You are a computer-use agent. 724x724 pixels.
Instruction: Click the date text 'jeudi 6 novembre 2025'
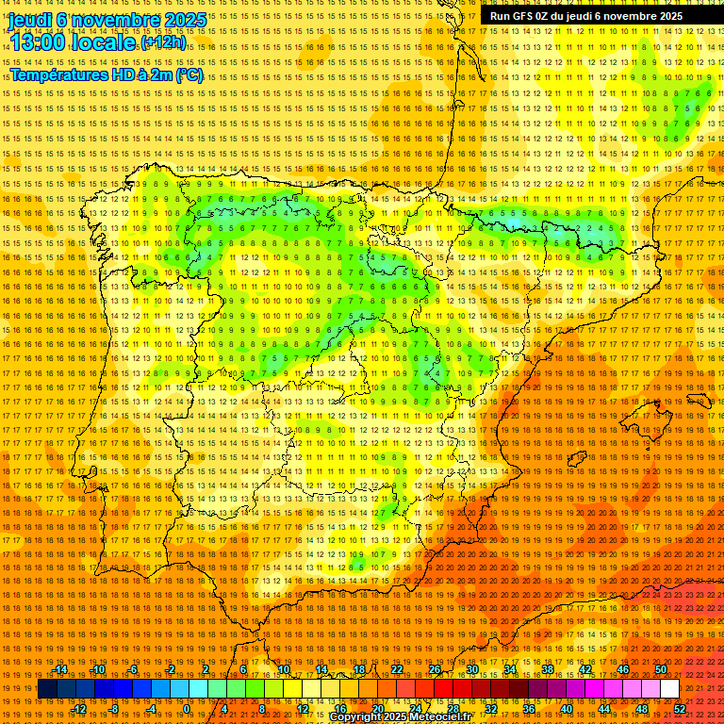pos(107,19)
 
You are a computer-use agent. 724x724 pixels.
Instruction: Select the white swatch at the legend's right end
pos(669,688)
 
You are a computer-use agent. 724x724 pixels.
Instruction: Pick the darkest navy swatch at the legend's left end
pos(45,688)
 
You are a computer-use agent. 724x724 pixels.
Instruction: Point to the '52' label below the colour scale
pos(680,708)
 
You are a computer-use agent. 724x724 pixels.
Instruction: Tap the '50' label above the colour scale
pos(661,670)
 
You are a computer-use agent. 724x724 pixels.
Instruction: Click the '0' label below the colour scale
pos(187,708)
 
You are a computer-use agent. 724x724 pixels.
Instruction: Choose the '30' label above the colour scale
pos(471,670)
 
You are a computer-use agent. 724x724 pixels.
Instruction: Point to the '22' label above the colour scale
pos(396,670)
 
